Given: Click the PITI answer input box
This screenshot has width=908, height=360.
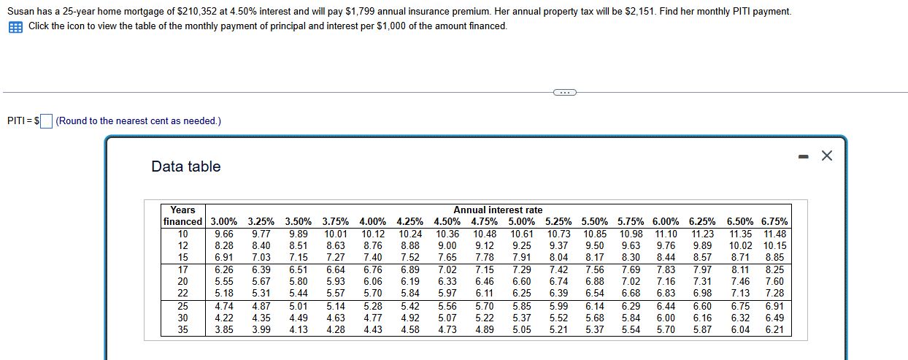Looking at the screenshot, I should [46, 121].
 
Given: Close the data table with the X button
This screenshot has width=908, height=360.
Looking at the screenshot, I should [826, 156].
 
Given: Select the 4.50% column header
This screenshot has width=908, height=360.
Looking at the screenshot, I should [447, 221].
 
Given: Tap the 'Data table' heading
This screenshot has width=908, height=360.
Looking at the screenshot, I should [185, 166].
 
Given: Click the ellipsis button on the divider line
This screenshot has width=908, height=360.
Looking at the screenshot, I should [564, 92].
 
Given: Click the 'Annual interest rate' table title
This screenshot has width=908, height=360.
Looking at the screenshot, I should [498, 210].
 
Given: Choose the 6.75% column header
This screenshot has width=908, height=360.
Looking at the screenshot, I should [774, 221].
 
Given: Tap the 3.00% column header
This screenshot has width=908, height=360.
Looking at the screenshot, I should [223, 221].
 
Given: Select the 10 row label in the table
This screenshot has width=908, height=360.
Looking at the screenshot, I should [182, 234].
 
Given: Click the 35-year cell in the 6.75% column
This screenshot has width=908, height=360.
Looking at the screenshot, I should [774, 330].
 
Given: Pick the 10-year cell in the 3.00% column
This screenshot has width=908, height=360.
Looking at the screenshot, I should [224, 234].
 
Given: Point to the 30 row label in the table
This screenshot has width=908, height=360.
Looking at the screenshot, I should [182, 318].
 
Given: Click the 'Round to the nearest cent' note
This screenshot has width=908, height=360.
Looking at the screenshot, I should [138, 121].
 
